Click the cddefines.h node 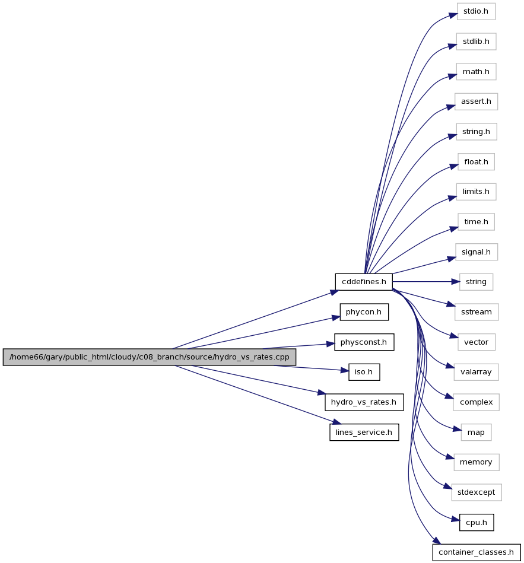pyautogui.click(x=363, y=282)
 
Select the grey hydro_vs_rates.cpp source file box pyautogui.click(x=150, y=357)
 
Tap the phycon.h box pyautogui.click(x=364, y=312)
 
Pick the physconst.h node pyautogui.click(x=364, y=342)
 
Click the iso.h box pyautogui.click(x=364, y=372)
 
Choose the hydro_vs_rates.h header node pyautogui.click(x=364, y=402)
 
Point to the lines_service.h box pyautogui.click(x=364, y=432)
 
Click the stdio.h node pyautogui.click(x=476, y=11)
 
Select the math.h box pyautogui.click(x=476, y=71)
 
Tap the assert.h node pyautogui.click(x=476, y=101)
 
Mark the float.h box pyautogui.click(x=476, y=162)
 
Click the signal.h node pyautogui.click(x=477, y=252)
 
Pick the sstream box pyautogui.click(x=477, y=312)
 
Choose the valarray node pyautogui.click(x=477, y=372)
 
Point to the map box pyautogui.click(x=477, y=432)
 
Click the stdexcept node pyautogui.click(x=477, y=492)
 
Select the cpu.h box pyautogui.click(x=477, y=523)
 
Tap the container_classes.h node pyautogui.click(x=477, y=552)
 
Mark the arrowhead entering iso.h pyautogui.click(x=344, y=370)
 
